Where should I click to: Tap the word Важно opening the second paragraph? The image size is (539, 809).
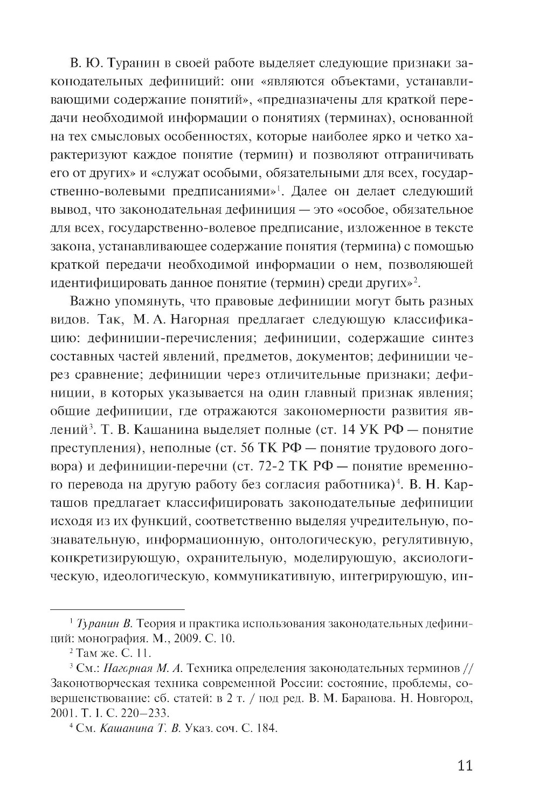click(93, 301)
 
